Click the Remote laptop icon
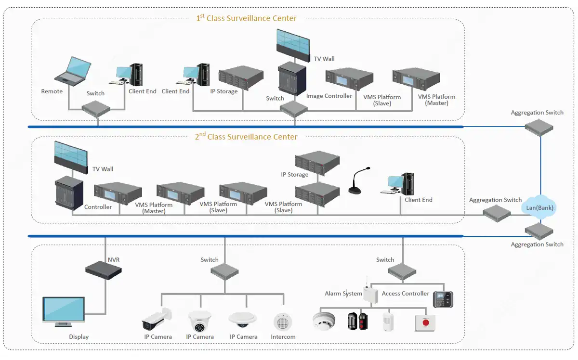tap(72, 71)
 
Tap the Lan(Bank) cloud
tap(539, 207)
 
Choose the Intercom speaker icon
tap(283, 321)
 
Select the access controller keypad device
tap(443, 299)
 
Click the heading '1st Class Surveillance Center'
tap(246, 19)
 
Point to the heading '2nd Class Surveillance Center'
tap(246, 137)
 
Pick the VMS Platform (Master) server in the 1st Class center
tap(417, 80)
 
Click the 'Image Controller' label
tap(329, 96)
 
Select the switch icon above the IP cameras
tap(224, 271)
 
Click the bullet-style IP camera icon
tap(157, 319)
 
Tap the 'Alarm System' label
tap(343, 294)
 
